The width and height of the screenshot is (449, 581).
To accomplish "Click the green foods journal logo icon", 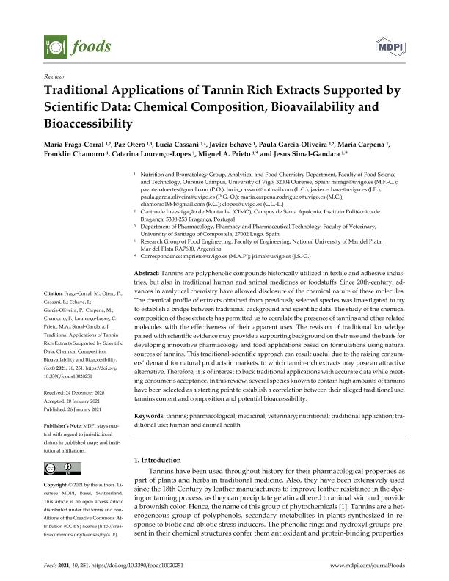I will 56,47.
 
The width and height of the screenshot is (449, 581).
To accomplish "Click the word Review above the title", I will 54,76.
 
